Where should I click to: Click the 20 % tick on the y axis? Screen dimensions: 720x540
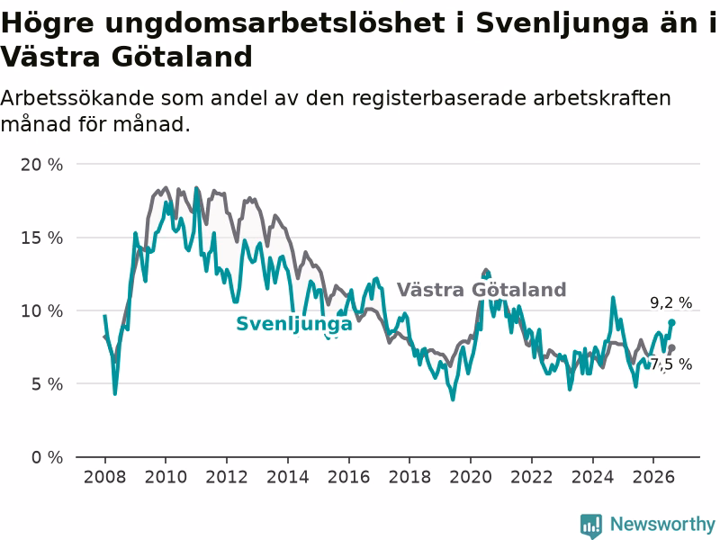(x=41, y=165)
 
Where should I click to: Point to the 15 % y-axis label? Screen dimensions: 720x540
(x=41, y=238)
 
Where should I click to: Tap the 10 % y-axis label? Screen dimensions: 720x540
(x=41, y=310)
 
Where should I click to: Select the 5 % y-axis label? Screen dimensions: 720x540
(x=47, y=384)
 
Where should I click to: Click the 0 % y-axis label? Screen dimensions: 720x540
(x=47, y=457)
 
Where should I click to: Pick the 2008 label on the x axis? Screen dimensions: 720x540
(x=104, y=477)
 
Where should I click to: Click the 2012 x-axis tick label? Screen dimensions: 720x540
(x=227, y=477)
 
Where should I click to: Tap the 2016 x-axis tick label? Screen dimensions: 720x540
(x=348, y=477)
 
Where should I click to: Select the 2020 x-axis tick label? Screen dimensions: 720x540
(x=471, y=477)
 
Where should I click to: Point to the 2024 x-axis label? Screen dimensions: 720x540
(x=592, y=477)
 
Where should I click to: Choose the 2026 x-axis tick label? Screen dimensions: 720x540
(x=653, y=477)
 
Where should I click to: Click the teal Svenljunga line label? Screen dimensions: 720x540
(x=294, y=324)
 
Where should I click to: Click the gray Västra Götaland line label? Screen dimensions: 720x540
(x=481, y=290)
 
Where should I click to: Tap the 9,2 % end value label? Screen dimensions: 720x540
(x=670, y=302)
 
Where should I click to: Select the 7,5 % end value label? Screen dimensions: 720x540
(x=670, y=364)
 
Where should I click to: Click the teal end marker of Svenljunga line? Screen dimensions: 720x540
(x=671, y=322)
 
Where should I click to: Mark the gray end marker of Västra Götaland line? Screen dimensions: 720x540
(x=671, y=347)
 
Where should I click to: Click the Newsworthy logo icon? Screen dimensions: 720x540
(x=591, y=526)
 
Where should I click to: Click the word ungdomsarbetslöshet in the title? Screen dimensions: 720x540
(x=274, y=23)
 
